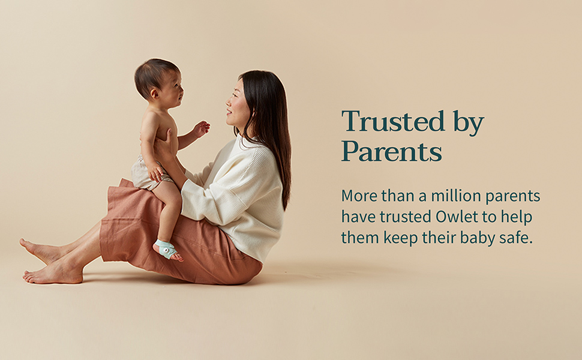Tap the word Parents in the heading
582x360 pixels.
tap(392, 151)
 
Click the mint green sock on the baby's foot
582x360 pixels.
tap(165, 248)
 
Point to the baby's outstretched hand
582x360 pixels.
tap(201, 128)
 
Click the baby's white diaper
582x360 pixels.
tap(142, 173)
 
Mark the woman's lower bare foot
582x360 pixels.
tap(53, 274)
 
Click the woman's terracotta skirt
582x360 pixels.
tap(180, 246)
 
